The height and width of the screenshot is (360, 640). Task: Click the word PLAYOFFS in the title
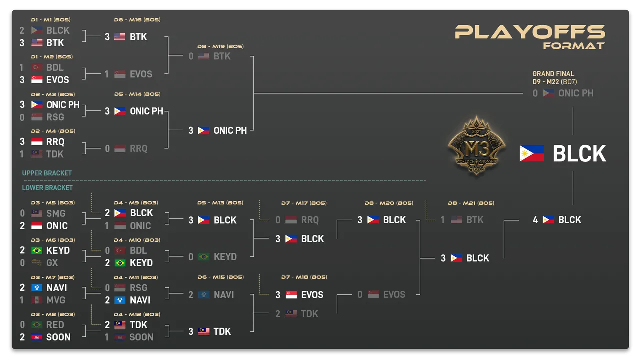(530, 32)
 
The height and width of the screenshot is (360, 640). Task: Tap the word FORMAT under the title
(574, 46)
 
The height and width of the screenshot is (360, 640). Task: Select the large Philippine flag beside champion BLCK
(532, 154)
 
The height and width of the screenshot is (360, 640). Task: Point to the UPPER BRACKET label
(47, 173)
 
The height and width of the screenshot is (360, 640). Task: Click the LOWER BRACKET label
(47, 188)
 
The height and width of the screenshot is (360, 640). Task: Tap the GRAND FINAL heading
(553, 74)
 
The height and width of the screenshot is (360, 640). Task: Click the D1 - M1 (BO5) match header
(50, 20)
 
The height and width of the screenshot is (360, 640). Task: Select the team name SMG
(56, 213)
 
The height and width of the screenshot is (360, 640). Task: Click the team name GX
(52, 263)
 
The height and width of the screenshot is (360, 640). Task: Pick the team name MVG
(56, 300)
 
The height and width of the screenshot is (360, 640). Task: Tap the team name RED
(55, 325)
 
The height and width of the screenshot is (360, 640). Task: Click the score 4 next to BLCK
(535, 220)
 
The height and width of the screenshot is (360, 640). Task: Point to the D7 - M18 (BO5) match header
(304, 277)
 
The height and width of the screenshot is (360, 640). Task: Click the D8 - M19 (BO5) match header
(220, 46)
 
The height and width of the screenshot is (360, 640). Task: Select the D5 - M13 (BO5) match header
(220, 203)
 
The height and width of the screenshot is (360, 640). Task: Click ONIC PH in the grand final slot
(576, 93)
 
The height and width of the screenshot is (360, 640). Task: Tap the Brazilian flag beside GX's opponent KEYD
(37, 250)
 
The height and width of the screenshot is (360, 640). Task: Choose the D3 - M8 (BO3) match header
(50, 314)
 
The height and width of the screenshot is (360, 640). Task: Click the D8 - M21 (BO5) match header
(471, 203)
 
